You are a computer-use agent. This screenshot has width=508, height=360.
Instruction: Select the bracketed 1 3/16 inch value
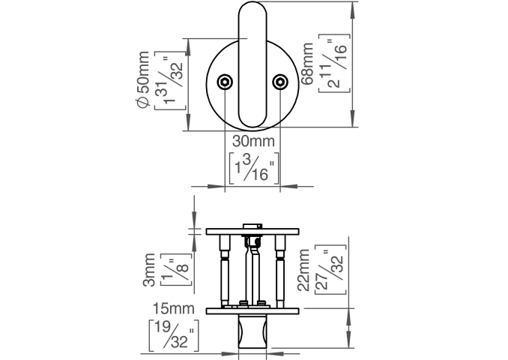(x=254, y=167)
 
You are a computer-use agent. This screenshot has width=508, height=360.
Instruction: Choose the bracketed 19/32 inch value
(x=173, y=334)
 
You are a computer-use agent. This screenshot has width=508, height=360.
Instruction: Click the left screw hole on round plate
(x=225, y=82)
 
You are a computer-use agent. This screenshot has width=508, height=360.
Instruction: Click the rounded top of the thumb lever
(x=252, y=15)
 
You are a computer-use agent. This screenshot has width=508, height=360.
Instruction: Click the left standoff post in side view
(x=224, y=270)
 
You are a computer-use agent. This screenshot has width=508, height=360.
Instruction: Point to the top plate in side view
(x=253, y=230)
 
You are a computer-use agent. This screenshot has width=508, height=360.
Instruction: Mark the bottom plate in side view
(x=253, y=309)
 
